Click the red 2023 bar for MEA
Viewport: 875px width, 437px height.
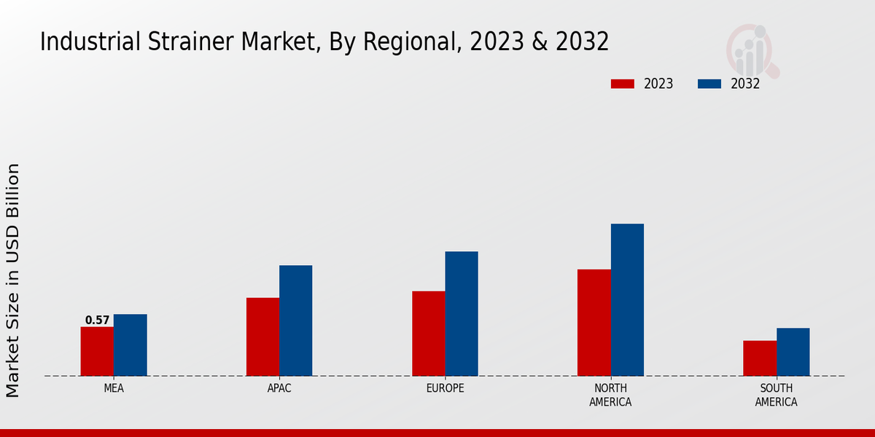97,351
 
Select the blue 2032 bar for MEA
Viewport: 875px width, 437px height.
130,345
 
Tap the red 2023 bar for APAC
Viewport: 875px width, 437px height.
262,336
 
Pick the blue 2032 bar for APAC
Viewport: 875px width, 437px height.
295,320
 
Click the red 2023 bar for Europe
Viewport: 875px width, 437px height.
428,334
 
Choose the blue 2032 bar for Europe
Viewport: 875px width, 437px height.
462,313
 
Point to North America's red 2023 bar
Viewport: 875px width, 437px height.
594,323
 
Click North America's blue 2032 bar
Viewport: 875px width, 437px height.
627,299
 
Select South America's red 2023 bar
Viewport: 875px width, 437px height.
760,358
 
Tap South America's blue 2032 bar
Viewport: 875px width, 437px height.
793,352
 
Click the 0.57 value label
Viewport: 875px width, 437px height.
97,320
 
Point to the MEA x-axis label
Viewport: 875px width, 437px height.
114,388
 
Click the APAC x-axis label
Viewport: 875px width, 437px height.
279,388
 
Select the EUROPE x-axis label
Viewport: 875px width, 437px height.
445,388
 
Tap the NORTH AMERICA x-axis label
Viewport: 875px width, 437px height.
610,395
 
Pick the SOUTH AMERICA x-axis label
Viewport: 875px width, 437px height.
776,395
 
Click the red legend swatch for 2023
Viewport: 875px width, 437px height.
622,84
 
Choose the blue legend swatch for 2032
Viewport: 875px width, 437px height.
709,84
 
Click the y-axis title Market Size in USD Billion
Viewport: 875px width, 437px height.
13,280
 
